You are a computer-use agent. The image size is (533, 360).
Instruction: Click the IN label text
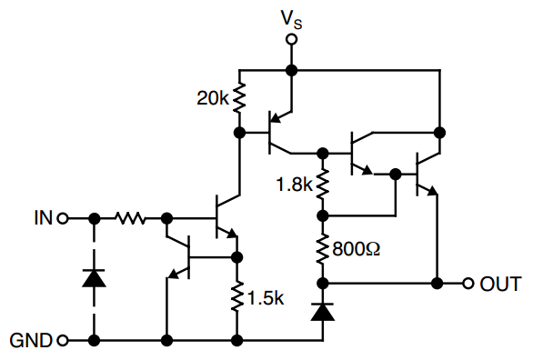43,218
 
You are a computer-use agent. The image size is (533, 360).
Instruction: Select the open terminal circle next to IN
63,218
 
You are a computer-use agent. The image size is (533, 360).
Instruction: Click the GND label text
30,342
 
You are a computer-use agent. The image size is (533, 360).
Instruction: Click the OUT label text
500,284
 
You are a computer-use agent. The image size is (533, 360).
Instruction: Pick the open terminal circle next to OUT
468,284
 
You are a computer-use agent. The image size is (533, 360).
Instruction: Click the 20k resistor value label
214,98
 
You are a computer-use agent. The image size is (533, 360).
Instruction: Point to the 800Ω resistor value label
357,247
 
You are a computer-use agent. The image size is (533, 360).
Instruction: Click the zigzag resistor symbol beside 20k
239,98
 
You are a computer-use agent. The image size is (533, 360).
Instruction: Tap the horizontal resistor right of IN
130,218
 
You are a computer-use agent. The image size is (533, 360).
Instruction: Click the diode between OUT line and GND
322,312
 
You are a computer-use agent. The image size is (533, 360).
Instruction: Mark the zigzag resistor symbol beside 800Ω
322,248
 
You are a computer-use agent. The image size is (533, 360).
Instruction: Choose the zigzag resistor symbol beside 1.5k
238,298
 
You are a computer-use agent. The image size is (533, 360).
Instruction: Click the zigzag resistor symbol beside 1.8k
322,184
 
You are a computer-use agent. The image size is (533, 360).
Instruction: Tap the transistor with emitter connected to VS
274,133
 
